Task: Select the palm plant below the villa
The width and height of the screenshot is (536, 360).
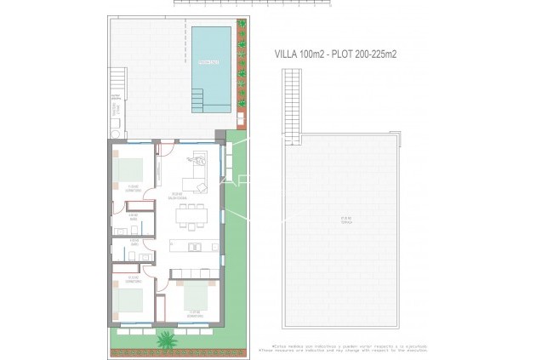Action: [x=164, y=340]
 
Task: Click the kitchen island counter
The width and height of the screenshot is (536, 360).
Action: [x=191, y=248]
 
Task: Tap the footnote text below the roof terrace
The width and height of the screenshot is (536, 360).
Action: [x=345, y=348]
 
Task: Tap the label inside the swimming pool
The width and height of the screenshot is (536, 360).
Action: [x=209, y=62]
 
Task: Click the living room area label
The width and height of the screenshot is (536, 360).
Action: [x=177, y=195]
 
